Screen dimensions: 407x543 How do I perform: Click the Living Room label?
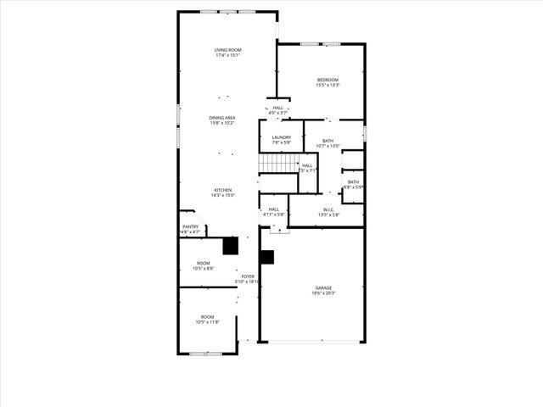(227, 51)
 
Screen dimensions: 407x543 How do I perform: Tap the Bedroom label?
(327, 80)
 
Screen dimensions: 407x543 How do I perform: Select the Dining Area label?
(222, 118)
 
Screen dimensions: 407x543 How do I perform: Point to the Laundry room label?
(282, 137)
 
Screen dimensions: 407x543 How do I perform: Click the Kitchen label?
(222, 190)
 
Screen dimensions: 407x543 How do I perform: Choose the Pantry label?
(190, 226)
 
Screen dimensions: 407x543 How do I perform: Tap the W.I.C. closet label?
(328, 209)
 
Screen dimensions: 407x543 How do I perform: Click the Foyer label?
(248, 276)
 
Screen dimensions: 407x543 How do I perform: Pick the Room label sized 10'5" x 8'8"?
(204, 263)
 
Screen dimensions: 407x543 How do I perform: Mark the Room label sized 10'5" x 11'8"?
(206, 316)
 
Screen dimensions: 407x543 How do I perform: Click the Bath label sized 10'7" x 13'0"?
(327, 141)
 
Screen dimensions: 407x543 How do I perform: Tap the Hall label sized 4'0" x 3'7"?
(278, 108)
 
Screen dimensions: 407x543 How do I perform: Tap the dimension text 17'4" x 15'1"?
(227, 56)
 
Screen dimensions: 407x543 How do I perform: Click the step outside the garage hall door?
(273, 229)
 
